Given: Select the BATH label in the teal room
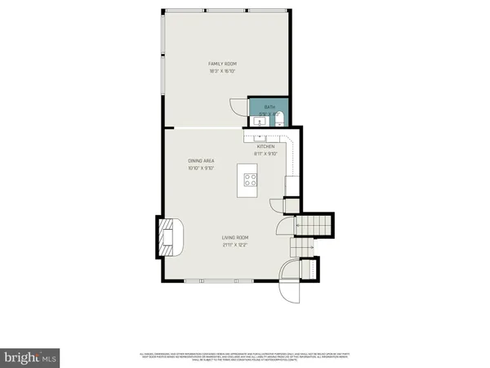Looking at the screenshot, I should [269, 107].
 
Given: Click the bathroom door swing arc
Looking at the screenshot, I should [238, 106].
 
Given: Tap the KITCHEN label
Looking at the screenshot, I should [266, 146].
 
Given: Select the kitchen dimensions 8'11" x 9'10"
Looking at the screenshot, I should [266, 153].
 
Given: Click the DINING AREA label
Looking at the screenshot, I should [201, 160].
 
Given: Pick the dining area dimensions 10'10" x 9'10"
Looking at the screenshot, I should [201, 168].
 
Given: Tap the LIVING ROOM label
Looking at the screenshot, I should [235, 238].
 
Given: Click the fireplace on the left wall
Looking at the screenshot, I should [167, 236].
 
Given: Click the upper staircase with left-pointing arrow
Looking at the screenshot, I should [314, 223].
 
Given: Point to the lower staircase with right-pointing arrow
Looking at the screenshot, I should [303, 246].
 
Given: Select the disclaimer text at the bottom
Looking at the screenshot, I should [245, 356].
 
